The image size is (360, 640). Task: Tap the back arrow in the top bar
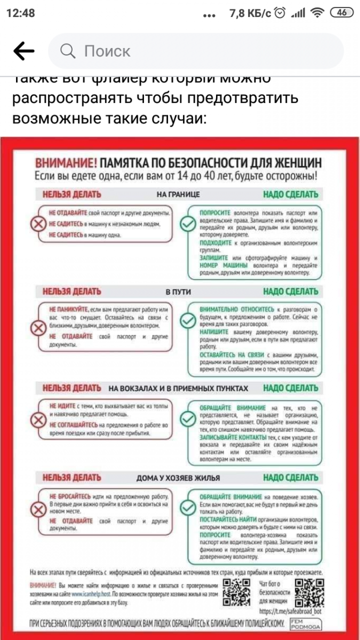point(23,51)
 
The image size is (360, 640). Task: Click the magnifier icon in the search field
point(68,51)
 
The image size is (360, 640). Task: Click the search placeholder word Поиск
point(107,51)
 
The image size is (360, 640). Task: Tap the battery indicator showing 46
point(342,13)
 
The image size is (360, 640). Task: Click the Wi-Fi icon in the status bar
point(318,13)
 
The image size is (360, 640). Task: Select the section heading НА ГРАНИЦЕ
point(178,195)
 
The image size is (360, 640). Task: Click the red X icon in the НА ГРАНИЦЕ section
point(38,225)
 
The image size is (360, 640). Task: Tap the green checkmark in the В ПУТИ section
point(187,320)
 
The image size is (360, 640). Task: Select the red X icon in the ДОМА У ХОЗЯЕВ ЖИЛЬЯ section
point(38,509)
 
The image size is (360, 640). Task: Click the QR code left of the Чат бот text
point(236,591)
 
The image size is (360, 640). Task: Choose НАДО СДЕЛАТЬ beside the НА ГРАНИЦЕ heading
point(290,195)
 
